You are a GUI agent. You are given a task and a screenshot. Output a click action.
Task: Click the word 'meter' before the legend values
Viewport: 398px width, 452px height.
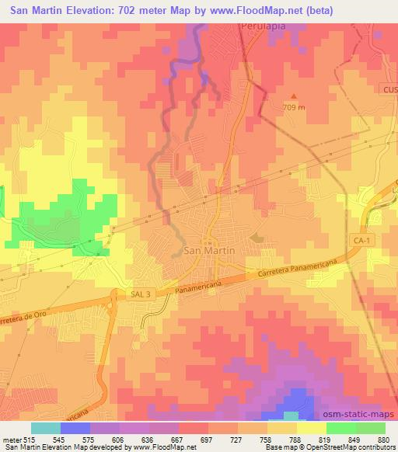[x=11, y=440]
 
